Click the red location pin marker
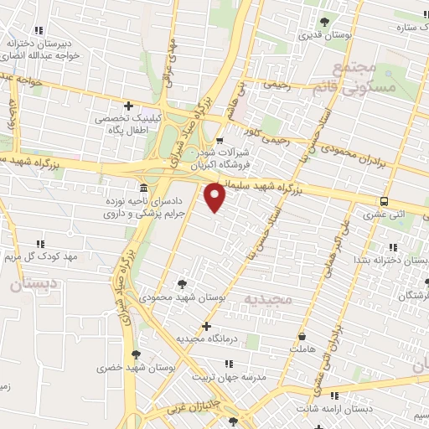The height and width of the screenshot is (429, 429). click(215, 197)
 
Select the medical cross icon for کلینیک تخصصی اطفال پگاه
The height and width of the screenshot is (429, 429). click(128, 106)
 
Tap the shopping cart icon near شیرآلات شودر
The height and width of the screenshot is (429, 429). click(220, 141)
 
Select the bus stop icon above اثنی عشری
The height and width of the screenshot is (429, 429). click(384, 201)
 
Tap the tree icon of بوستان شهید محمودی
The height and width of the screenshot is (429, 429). click(182, 285)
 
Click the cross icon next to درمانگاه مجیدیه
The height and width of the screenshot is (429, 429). click(206, 326)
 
